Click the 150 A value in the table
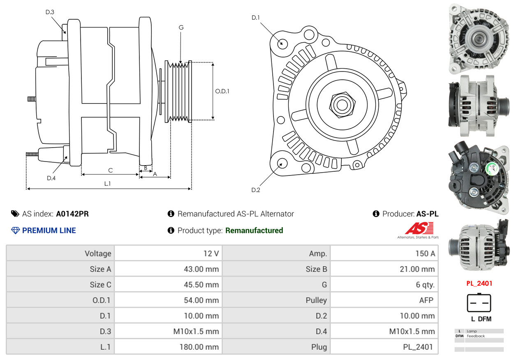[422, 254]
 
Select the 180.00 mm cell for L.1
[199, 347]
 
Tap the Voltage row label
[98, 254]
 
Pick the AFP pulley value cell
[426, 300]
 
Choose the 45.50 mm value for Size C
[201, 285]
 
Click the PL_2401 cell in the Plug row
[418, 347]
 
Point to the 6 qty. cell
[425, 285]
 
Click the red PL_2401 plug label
[479, 284]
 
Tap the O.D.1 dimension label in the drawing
[222, 91]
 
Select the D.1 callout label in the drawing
[256, 18]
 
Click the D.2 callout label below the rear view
[256, 190]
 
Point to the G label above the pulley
[181, 28]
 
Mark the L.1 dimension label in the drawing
[107, 184]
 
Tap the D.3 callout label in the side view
[50, 12]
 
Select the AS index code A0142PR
[72, 214]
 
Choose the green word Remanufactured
[254, 231]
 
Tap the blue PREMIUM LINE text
[49, 231]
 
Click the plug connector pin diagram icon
[479, 303]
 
